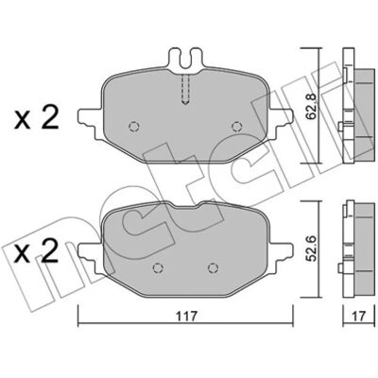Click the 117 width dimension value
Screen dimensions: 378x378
pos(186,316)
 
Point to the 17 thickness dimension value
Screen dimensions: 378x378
pos(360,316)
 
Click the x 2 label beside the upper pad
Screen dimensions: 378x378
pos(36,117)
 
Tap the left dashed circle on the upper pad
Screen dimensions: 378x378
pos(134,127)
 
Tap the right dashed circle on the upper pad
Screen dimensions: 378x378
pos(236,127)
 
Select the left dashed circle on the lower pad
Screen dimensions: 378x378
pos(158,267)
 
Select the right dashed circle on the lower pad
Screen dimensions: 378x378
pos(214,267)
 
